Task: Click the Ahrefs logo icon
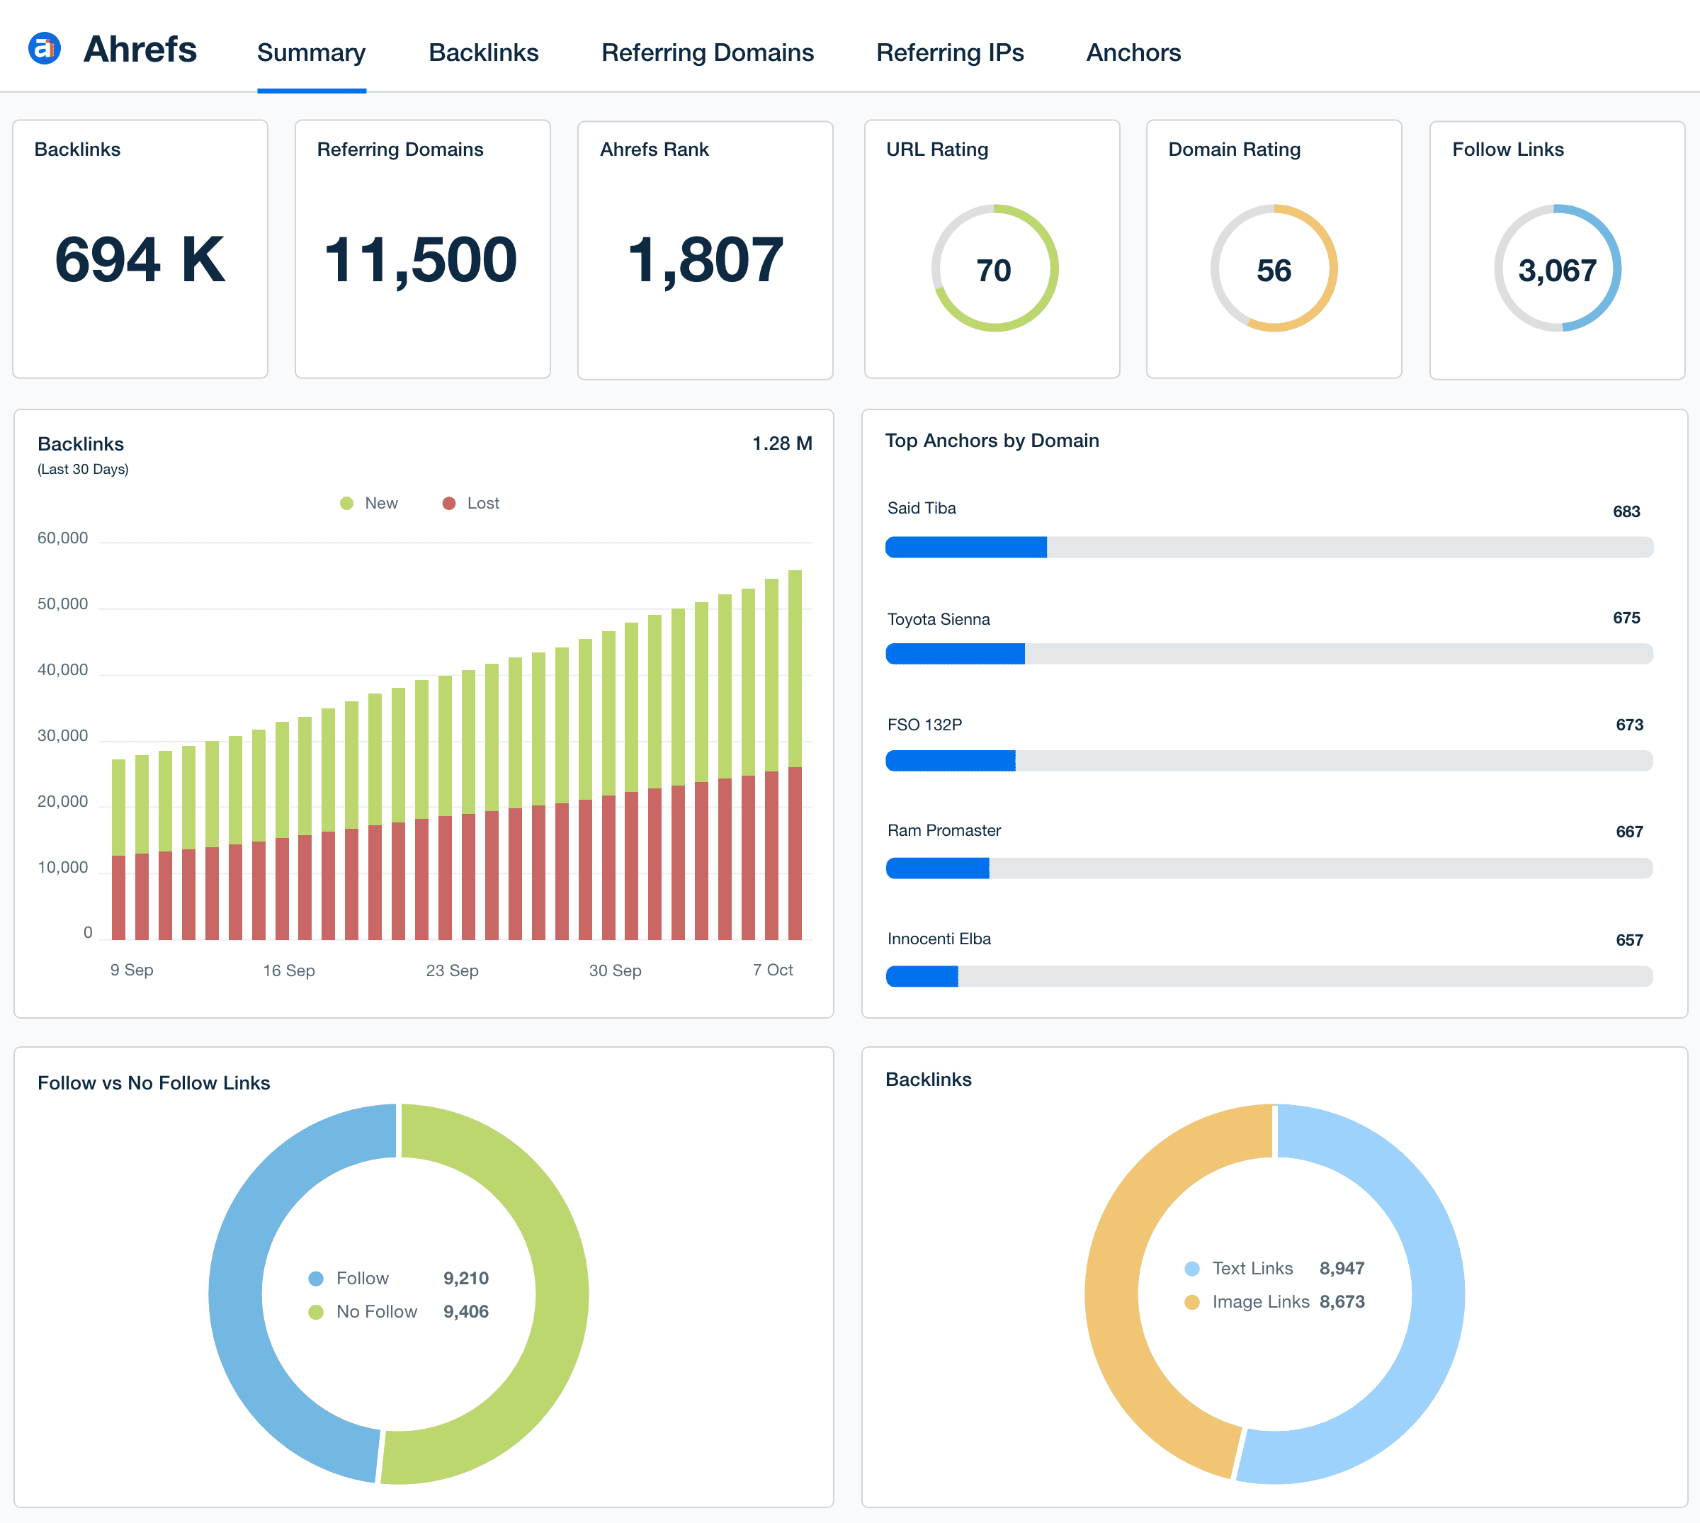(45, 49)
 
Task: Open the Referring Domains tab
(707, 52)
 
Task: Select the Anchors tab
(1133, 52)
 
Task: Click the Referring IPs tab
(950, 52)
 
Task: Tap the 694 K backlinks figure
(140, 260)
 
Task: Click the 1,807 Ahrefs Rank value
(704, 260)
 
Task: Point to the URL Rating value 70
(994, 271)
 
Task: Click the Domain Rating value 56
(1274, 271)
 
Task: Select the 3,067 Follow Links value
(1557, 271)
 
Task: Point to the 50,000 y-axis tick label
(63, 604)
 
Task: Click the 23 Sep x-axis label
(452, 970)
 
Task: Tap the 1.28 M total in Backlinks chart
(781, 443)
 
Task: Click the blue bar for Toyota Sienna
(955, 654)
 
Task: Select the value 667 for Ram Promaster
(1628, 832)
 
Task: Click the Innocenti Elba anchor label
(939, 939)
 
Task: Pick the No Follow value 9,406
(465, 1311)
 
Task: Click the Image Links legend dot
(1192, 1302)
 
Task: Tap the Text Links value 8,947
(1341, 1269)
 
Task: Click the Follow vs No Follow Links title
(154, 1083)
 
